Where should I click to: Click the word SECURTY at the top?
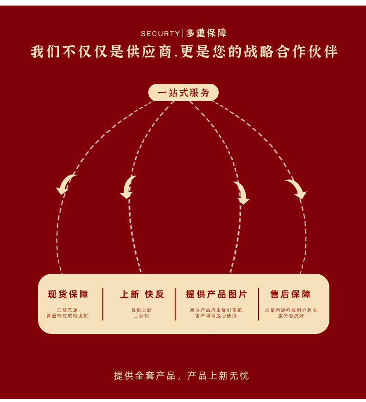tap(160, 34)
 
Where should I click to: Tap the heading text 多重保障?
tap(206, 33)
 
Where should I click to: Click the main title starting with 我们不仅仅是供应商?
tap(184, 51)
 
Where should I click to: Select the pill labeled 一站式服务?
tap(183, 93)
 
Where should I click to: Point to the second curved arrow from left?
tap(128, 187)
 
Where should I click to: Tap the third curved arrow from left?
tap(241, 192)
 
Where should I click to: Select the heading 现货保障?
tap(68, 295)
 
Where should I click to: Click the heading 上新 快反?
tap(142, 295)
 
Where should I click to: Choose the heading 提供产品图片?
tap(217, 295)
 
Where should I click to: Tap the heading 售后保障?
tap(290, 295)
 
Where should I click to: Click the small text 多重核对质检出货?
tap(67, 316)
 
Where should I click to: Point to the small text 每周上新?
tap(141, 310)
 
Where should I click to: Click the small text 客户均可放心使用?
tap(216, 316)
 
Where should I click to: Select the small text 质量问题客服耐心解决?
tap(291, 310)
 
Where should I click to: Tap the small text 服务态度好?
tap(291, 316)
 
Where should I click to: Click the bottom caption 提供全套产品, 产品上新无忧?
tap(182, 376)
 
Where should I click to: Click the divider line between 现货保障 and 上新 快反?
tap(103, 304)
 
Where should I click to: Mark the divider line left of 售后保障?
tap(259, 304)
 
